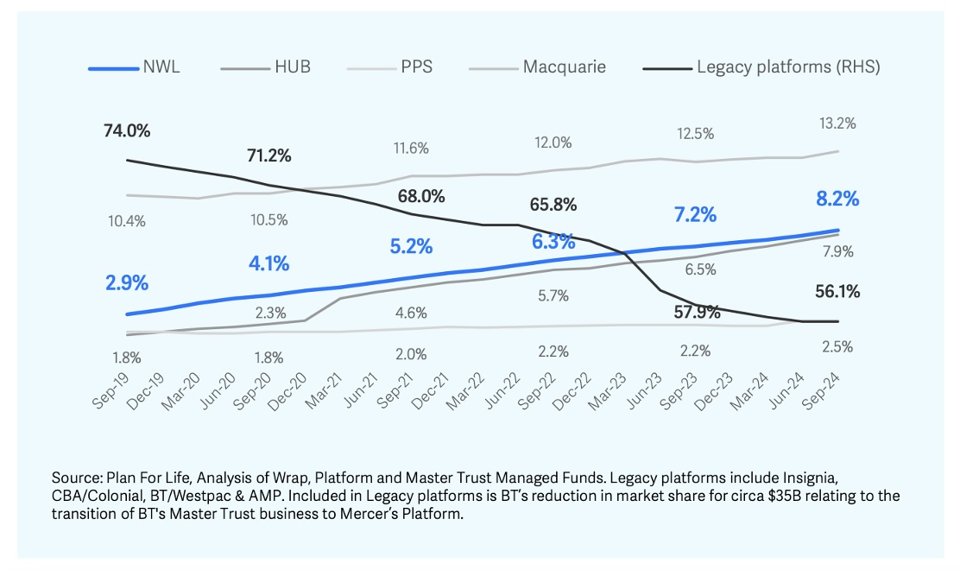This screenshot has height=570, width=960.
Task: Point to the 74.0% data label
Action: tap(126, 131)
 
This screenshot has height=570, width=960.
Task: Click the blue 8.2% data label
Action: tap(837, 199)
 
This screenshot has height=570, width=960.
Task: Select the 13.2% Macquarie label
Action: tap(837, 123)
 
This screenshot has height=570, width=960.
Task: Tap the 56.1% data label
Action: tap(837, 292)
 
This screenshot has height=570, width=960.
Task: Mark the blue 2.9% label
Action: tap(127, 282)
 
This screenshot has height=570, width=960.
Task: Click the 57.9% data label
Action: tap(697, 312)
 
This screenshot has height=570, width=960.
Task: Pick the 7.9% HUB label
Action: tap(837, 251)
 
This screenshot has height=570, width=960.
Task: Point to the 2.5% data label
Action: tap(837, 347)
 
